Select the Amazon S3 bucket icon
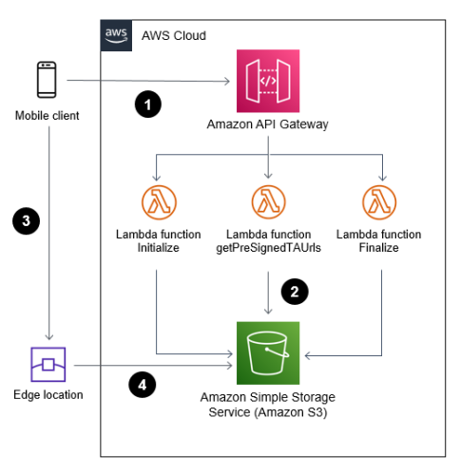coord(269,352)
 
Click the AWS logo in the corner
coord(117,35)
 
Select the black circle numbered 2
coord(297,291)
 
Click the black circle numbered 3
coord(27,221)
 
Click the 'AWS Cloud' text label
coord(173,36)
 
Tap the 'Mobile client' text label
coord(48,116)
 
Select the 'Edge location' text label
coord(48,395)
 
